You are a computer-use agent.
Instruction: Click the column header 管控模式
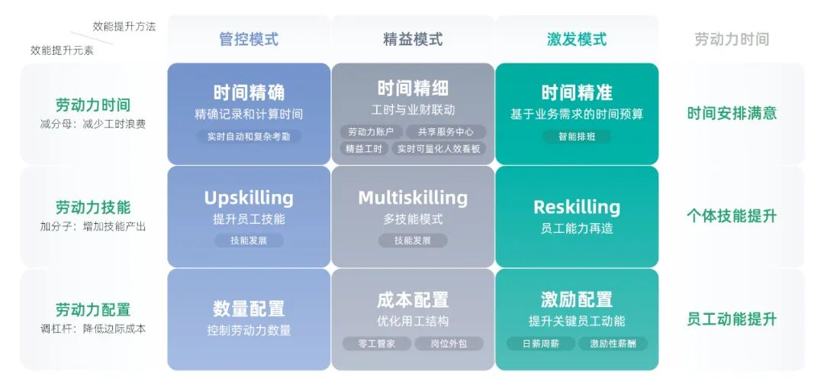(249, 39)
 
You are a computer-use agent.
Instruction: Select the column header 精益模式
(413, 39)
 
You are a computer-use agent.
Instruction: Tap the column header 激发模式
(577, 39)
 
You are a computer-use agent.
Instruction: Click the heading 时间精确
(249, 92)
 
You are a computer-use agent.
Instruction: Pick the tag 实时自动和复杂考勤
(249, 137)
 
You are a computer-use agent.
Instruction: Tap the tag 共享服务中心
(446, 132)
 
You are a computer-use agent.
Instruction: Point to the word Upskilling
(249, 198)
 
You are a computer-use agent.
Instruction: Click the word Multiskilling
(413, 198)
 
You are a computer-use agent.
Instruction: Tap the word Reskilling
(577, 207)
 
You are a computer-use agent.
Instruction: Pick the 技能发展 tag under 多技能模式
(413, 241)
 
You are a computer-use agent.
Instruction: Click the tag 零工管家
(377, 344)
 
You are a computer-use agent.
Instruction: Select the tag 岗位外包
(449, 344)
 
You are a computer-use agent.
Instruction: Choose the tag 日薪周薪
(541, 344)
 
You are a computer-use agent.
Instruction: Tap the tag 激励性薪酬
(613, 344)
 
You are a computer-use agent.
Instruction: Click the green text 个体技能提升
(732, 216)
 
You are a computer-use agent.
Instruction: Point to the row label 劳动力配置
(93, 310)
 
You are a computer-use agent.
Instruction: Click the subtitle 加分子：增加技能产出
(93, 226)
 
